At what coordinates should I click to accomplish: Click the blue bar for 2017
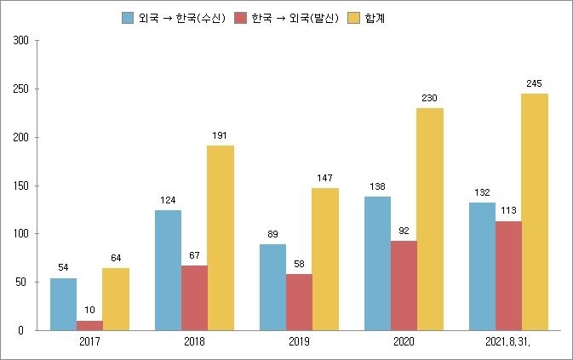tap(63, 304)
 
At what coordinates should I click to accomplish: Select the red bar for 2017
tap(89, 325)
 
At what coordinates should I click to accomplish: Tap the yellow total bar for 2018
tap(221, 237)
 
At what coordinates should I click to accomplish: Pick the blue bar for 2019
tap(272, 287)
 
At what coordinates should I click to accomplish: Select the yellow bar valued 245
tap(535, 212)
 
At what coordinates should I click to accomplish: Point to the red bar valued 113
tap(508, 275)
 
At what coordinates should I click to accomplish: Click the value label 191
tap(221, 135)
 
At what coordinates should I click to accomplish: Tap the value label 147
tap(325, 178)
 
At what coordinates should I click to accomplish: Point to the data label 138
tap(377, 186)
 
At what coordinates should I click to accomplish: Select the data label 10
tap(89, 310)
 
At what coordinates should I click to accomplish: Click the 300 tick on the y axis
tap(22, 41)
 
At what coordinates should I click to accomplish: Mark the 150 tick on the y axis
tap(22, 186)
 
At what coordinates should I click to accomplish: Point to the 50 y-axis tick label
tap(25, 282)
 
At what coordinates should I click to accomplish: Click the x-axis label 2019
tap(299, 342)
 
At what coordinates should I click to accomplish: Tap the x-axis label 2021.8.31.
tap(508, 342)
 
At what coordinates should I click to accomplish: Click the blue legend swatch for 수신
tap(129, 18)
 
